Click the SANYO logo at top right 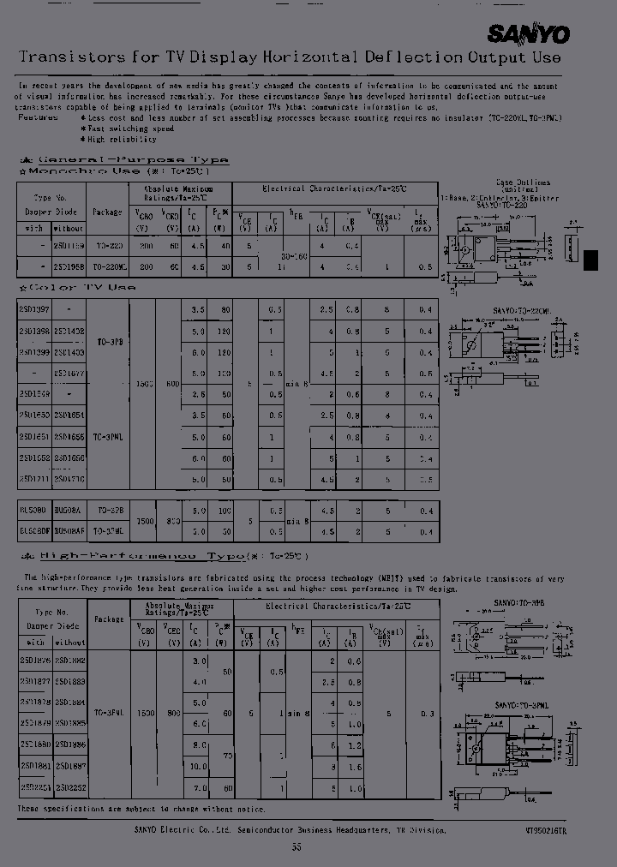pyautogui.click(x=528, y=33)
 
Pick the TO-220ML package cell pyautogui.click(x=109, y=266)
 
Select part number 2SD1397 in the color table pyautogui.click(x=35, y=309)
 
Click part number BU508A pyautogui.click(x=69, y=509)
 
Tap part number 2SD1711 pyautogui.click(x=35, y=480)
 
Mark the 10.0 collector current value pyautogui.click(x=198, y=766)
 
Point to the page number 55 pyautogui.click(x=297, y=846)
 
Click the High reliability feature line pyautogui.click(x=123, y=139)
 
